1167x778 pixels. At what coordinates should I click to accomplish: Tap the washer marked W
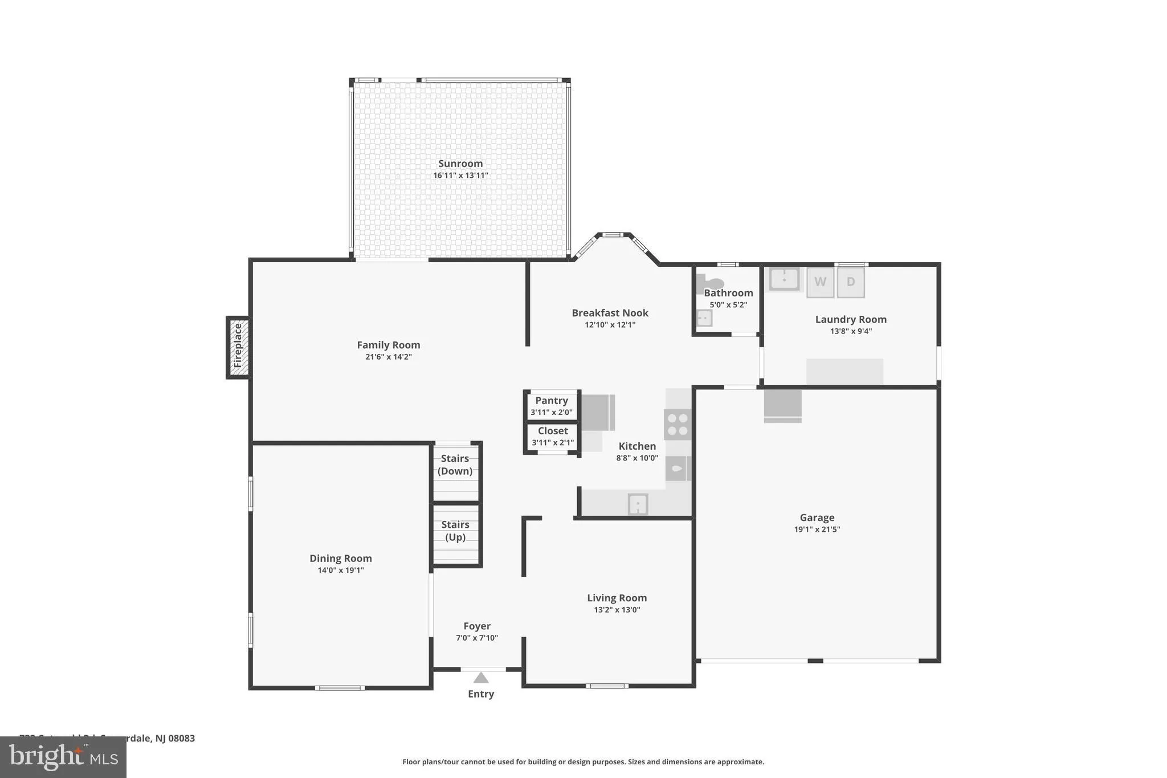point(820,282)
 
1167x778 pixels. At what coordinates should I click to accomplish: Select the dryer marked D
point(851,282)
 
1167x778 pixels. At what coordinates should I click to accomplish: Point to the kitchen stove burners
point(678,425)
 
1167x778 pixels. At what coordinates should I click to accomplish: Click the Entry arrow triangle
point(481,678)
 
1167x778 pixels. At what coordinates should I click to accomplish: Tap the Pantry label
point(551,401)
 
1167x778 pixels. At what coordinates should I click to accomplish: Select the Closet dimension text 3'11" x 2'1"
point(553,443)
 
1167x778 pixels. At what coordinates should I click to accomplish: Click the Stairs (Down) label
point(455,465)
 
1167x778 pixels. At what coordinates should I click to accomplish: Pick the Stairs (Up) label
point(455,531)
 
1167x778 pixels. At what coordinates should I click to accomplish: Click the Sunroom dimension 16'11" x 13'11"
point(460,176)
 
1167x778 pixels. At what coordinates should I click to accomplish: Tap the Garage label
point(817,518)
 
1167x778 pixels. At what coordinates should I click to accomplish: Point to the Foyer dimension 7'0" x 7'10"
point(477,638)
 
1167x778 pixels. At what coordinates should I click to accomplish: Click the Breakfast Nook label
point(610,313)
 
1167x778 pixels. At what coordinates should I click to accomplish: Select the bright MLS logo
point(63,757)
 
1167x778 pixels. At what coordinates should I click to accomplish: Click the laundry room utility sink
point(784,279)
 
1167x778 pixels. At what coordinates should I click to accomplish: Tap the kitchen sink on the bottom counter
point(637,504)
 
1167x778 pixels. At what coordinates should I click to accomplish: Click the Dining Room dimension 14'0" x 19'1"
point(341,570)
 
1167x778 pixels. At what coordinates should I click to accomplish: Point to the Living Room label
point(617,598)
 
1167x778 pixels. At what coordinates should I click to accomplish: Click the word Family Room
point(388,345)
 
